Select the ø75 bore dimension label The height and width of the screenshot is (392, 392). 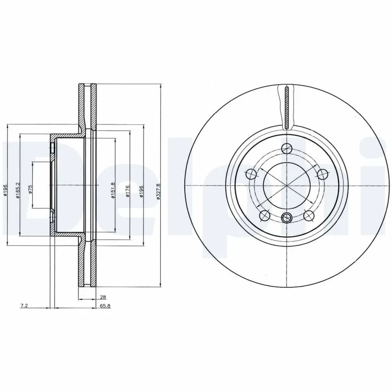[x=30, y=190]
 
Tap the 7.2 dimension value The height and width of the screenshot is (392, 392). [x=23, y=305]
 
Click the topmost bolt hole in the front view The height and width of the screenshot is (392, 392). [x=288, y=147]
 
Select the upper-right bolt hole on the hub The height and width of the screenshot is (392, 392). [x=323, y=173]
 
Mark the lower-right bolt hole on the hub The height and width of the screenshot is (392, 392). [x=309, y=215]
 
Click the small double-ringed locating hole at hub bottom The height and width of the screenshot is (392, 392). [x=288, y=218]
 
